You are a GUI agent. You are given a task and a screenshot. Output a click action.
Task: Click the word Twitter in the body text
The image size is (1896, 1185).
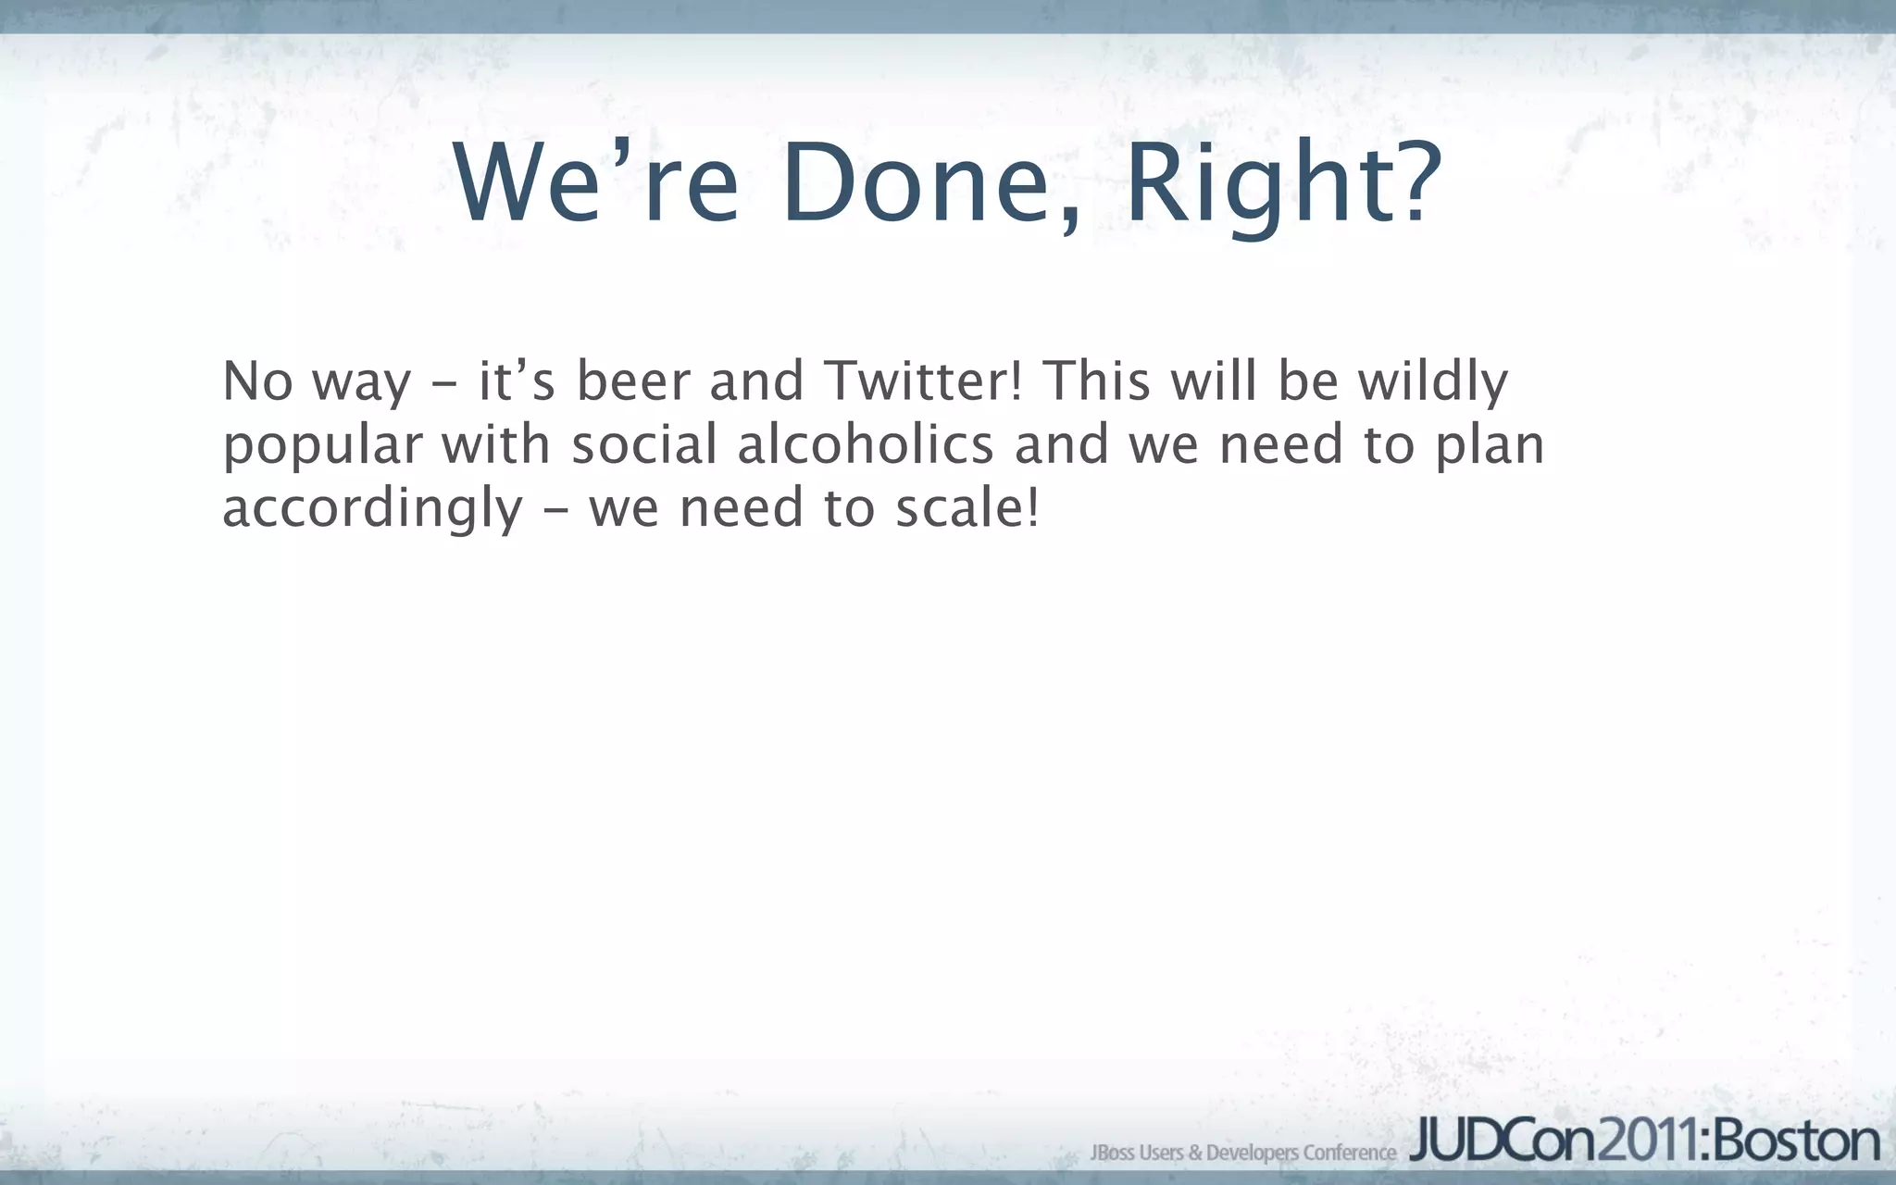point(922,380)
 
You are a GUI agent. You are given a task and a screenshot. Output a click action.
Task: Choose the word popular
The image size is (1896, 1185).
point(322,446)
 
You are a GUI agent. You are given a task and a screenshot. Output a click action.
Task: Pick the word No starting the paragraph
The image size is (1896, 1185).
point(258,380)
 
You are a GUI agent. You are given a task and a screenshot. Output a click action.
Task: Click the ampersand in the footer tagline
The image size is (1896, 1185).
point(1195,1153)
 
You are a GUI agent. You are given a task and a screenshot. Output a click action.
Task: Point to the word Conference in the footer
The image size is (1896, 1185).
point(1349,1153)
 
